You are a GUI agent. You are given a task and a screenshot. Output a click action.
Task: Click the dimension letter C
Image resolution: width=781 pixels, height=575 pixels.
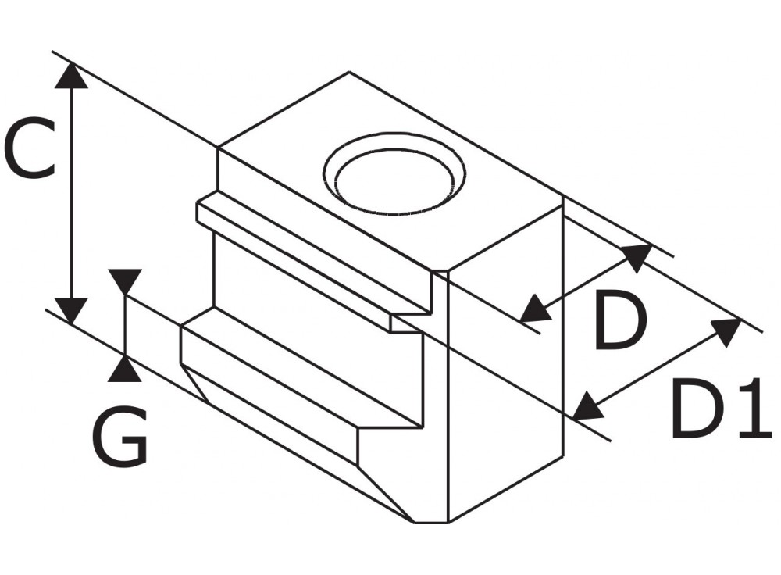pyautogui.click(x=29, y=148)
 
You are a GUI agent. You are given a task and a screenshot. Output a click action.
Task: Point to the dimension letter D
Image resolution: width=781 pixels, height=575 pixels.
pyautogui.click(x=621, y=320)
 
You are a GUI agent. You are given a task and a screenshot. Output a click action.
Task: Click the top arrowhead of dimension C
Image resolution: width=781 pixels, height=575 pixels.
pyautogui.click(x=72, y=75)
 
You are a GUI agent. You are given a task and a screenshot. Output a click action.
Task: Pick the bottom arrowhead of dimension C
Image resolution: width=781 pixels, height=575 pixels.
pyautogui.click(x=72, y=310)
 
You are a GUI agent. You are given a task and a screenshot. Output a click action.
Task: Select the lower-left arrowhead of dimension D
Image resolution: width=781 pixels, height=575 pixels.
pyautogui.click(x=534, y=309)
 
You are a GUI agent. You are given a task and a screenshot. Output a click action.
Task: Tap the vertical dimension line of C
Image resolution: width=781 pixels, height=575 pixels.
pyautogui.click(x=72, y=195)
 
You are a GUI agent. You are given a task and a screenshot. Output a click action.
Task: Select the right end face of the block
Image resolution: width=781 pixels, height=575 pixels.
pyautogui.click(x=505, y=367)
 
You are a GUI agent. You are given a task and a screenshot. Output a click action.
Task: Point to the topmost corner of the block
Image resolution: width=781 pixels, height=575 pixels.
pyautogui.click(x=349, y=73)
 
